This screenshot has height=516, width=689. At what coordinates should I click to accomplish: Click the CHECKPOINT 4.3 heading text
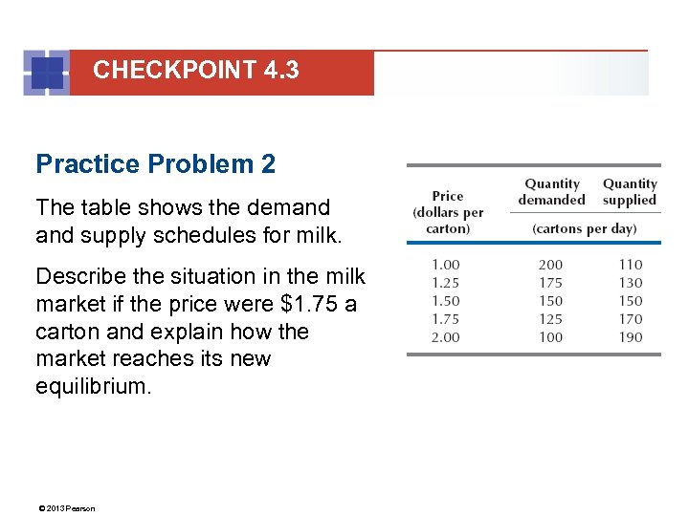pos(196,70)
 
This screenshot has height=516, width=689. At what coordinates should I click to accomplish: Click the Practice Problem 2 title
pos(155,164)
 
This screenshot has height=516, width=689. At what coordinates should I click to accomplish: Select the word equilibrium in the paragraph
pos(93,387)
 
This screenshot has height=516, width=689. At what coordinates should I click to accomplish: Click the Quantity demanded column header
pos(552,192)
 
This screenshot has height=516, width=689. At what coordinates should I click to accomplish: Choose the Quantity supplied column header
pos(630,192)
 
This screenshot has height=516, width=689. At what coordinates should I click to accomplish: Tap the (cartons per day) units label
pos(584,229)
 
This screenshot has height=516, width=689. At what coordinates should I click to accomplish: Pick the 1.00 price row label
pos(445,265)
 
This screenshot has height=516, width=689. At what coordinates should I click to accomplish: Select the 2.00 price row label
pos(445,337)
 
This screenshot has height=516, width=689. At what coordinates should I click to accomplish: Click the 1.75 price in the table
pos(445,319)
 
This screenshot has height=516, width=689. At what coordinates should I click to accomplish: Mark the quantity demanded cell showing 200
pos(550,265)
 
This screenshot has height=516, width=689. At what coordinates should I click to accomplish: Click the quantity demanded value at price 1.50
pos(550,301)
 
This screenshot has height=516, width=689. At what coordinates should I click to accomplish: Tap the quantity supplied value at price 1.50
pos(630,301)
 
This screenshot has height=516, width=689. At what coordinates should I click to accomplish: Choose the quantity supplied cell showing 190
pos(630,337)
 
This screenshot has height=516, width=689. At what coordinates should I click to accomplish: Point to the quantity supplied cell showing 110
pos(630,265)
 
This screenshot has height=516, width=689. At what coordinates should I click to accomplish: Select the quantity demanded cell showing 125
pos(550,319)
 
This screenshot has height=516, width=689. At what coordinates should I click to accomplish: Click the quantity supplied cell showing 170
pos(630,319)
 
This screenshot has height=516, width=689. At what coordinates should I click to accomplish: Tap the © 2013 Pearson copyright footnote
pos(66,508)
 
